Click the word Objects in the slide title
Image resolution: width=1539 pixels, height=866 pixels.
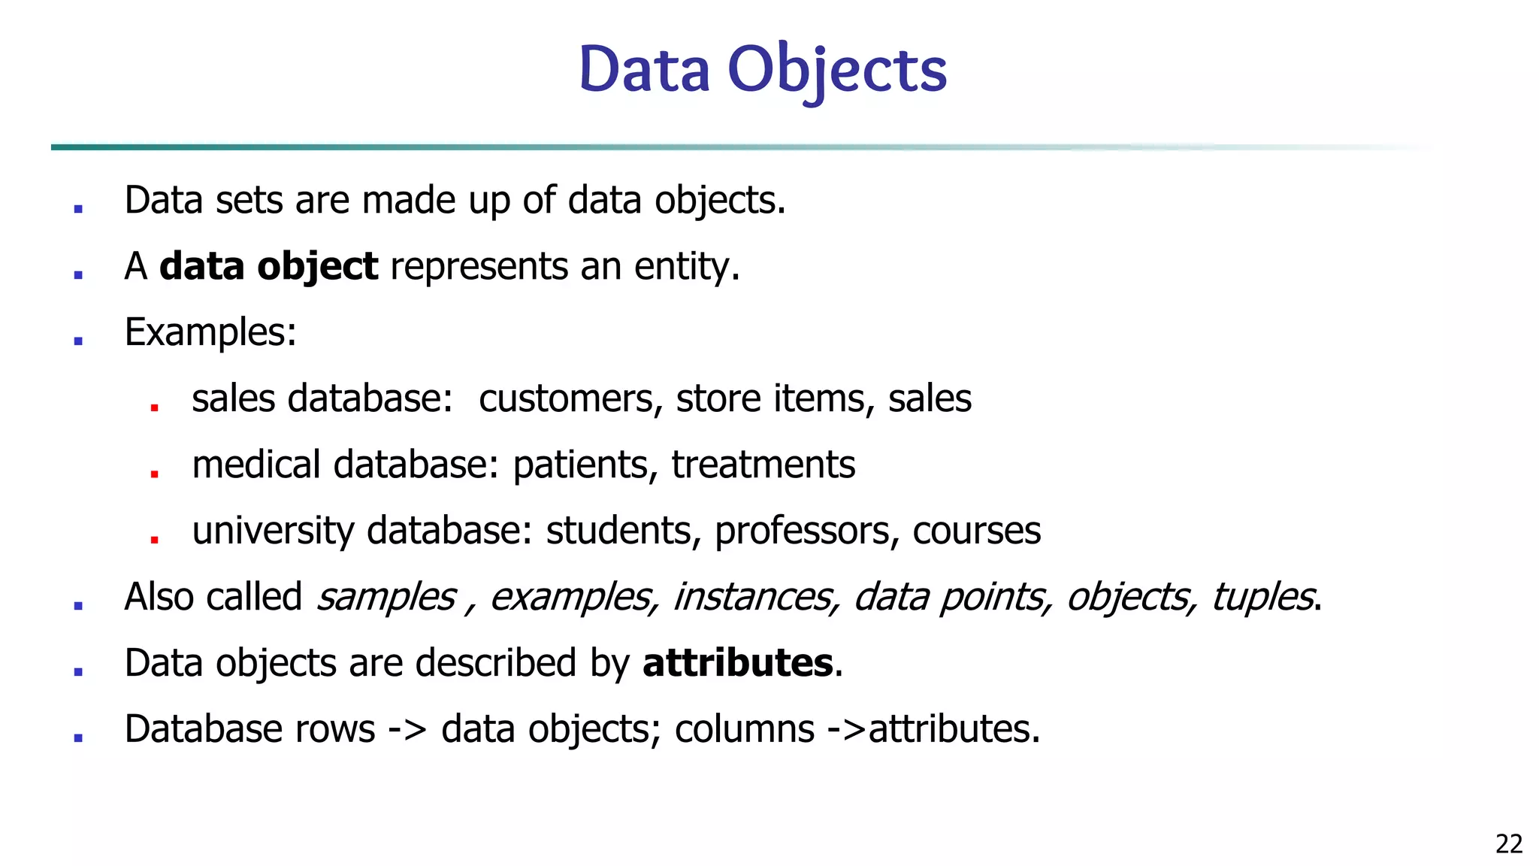837,70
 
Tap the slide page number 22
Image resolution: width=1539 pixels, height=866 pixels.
1509,844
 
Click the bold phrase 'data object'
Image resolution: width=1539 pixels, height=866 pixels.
268,267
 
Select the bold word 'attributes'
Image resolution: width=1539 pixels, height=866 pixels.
737,663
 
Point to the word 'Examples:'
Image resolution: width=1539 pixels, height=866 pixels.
210,332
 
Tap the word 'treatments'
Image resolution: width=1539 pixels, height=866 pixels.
763,465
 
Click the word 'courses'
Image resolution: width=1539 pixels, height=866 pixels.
976,531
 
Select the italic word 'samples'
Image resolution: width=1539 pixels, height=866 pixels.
386,597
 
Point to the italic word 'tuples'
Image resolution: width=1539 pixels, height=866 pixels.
1262,597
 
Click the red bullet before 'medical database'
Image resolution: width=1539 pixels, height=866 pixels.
154,474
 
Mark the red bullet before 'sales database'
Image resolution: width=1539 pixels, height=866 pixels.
154,407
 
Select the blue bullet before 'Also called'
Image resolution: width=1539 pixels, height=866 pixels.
78,605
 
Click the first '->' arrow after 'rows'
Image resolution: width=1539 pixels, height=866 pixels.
407,729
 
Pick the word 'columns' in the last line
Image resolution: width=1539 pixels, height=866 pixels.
744,729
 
